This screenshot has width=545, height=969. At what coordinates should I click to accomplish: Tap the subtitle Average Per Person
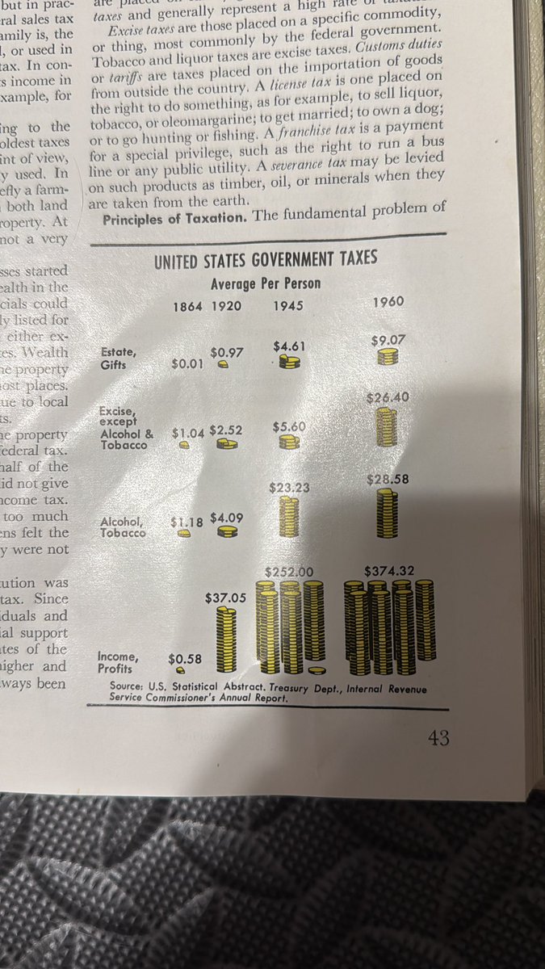coord(266,283)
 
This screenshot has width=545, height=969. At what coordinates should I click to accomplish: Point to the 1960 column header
coord(388,302)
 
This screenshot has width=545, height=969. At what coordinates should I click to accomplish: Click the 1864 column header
coord(188,308)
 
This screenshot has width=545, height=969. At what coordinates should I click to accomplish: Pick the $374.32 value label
coord(389,571)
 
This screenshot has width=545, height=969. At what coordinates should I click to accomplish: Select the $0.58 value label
coord(184,659)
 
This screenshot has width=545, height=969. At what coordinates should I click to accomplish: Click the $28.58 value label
coord(388,479)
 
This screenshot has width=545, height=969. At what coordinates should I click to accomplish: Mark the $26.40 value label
coord(388,398)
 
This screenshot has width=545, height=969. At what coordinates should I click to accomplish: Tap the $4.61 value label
coord(289,347)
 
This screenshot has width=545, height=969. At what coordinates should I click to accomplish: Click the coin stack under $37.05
coord(228,640)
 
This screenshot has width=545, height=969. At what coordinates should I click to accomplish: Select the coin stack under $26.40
coord(388,427)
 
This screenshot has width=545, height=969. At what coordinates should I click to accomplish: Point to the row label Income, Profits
coord(116,662)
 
